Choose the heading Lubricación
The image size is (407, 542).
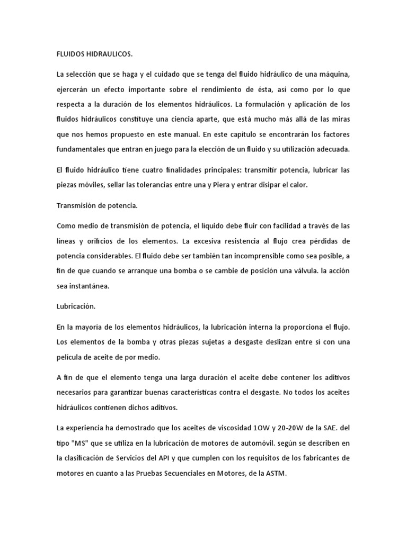pyautogui.click(x=76, y=307)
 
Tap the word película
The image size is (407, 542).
pyautogui.click(x=70, y=357)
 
